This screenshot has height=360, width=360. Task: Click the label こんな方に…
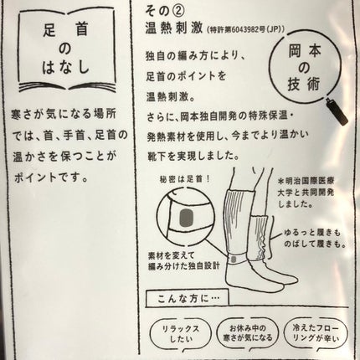click(183, 298)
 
